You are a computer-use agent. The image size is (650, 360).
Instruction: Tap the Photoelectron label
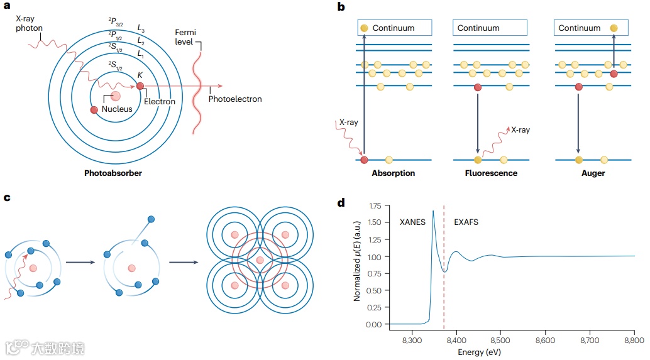pos(234,99)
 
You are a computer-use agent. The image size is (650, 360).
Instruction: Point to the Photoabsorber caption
pos(113,173)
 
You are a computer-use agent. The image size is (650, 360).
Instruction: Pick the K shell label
pos(140,75)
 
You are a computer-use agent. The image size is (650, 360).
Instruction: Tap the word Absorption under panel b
pos(394,173)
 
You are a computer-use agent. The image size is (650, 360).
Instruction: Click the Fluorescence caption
pos(492,173)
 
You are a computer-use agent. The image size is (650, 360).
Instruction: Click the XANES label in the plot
pos(413,222)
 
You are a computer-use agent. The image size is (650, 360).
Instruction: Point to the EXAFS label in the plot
pos(466,222)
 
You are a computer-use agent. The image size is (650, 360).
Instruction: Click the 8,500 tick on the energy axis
pos(501,340)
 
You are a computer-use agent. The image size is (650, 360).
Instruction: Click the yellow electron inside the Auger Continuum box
pos(614,28)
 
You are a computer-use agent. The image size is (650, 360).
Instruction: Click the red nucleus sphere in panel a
pos(116,96)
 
